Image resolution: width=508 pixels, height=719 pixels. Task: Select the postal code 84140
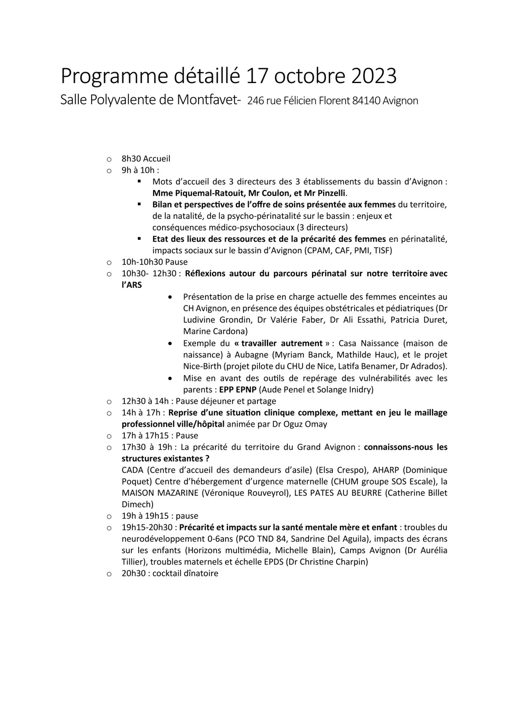[366, 101]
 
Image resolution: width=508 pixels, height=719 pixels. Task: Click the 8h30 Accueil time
[146, 159]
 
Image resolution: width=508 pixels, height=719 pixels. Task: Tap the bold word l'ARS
[131, 285]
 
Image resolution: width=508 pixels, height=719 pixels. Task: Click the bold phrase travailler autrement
[281, 343]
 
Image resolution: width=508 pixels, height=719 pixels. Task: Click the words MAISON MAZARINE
[160, 493]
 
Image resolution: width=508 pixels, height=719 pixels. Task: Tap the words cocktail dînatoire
[185, 573]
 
